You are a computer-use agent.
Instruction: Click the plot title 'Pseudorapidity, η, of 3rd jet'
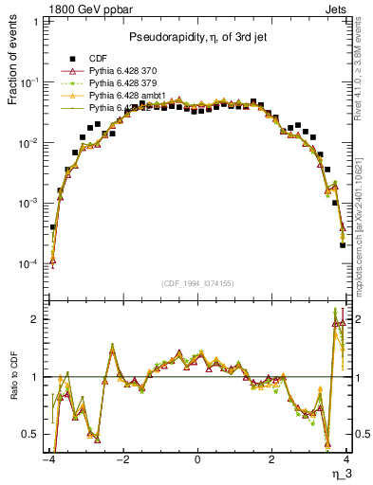[x=196, y=36]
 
